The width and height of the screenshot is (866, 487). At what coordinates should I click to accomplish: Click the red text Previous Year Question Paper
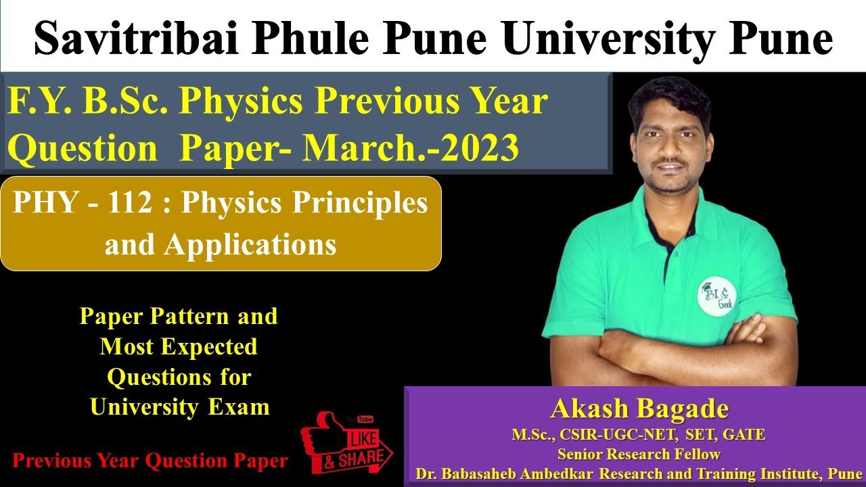(150, 462)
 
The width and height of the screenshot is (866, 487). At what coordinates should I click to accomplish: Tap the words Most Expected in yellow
(179, 347)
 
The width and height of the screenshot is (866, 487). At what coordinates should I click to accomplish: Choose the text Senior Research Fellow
(639, 454)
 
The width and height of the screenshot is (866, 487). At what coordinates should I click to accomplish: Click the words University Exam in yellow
(179, 407)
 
